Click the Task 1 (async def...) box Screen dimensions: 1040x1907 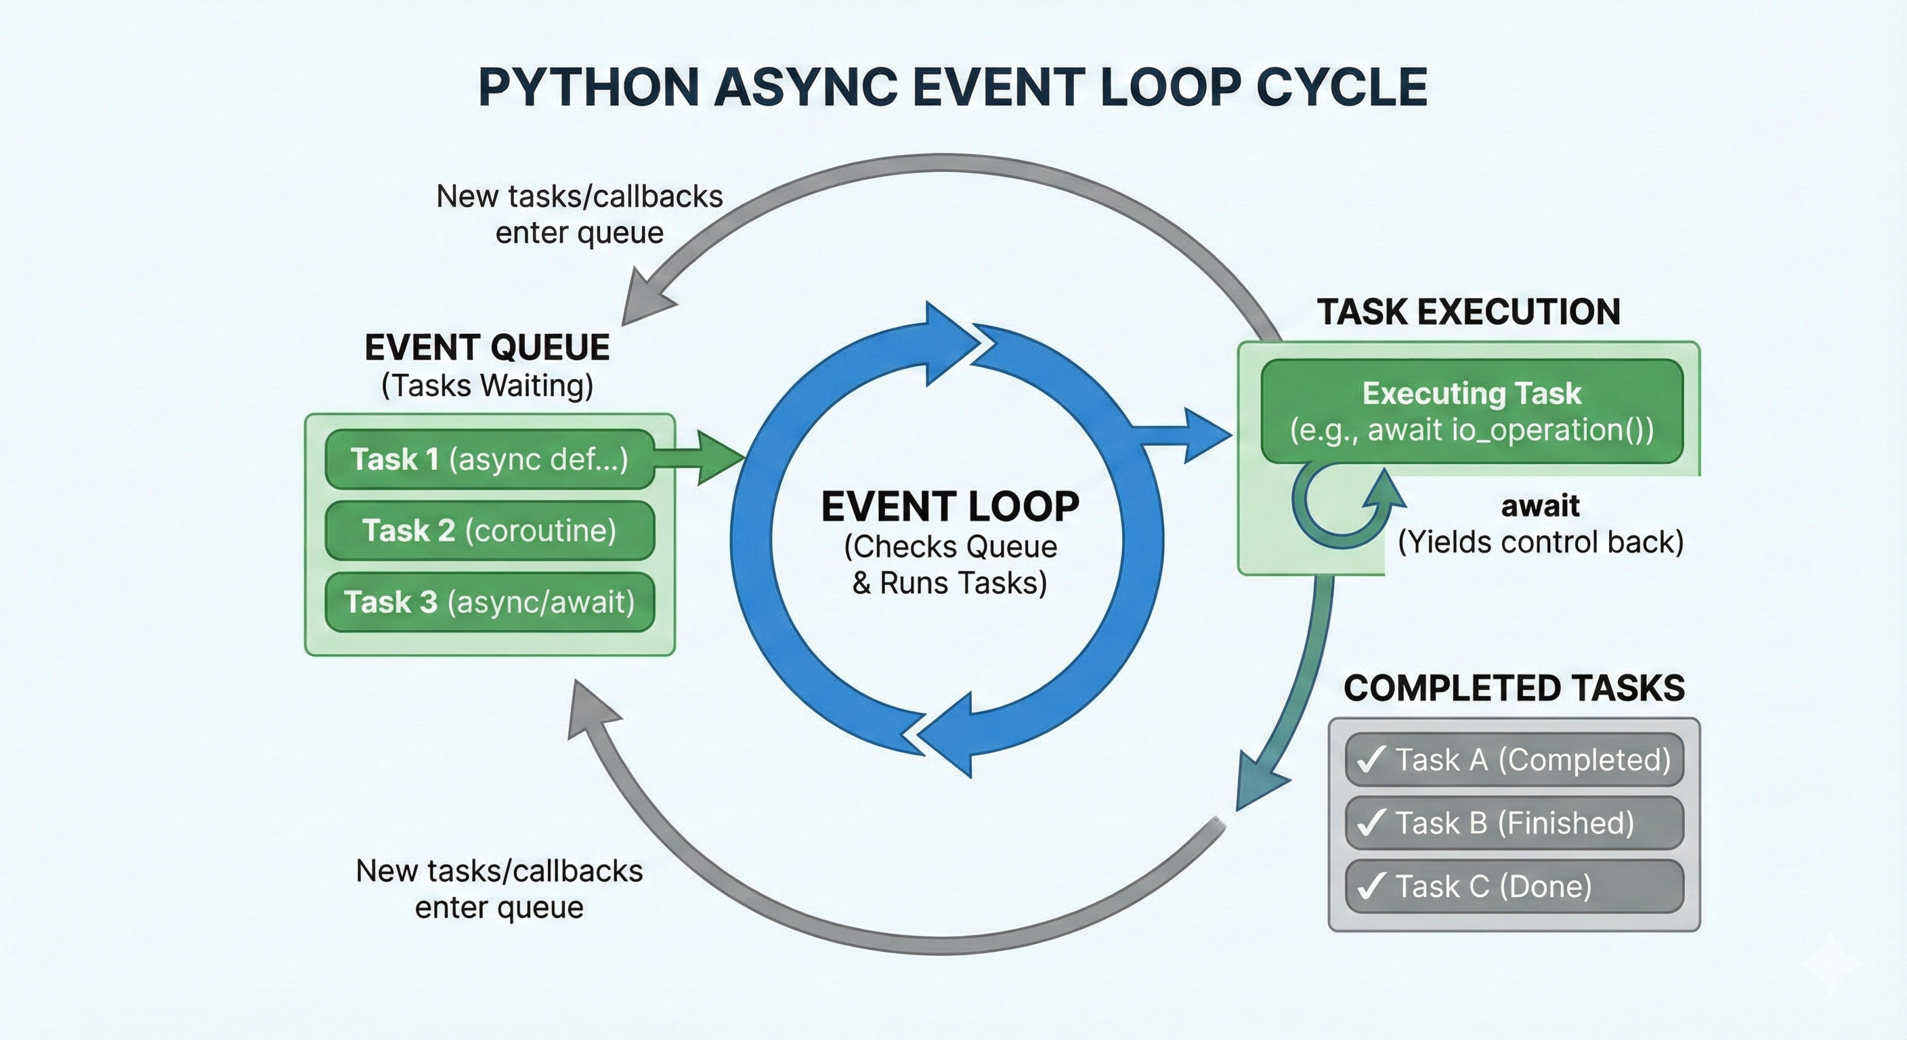488,459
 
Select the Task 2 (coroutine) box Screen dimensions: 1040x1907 488,530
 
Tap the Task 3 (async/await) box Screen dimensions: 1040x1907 488,602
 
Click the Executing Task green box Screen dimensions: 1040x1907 1472,412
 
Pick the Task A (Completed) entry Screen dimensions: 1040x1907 1514,760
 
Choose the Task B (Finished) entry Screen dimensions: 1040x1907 1514,823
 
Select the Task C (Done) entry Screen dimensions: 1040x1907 1514,886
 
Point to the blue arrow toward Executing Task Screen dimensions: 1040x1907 1192,435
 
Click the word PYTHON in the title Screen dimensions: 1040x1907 588,87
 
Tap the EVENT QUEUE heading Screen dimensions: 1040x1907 487,347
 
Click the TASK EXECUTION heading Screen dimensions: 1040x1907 1469,311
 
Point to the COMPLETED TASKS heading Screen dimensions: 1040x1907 1514,689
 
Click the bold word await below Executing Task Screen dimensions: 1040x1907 1540,506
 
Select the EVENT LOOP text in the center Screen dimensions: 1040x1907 950,507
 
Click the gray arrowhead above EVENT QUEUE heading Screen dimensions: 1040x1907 644,300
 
